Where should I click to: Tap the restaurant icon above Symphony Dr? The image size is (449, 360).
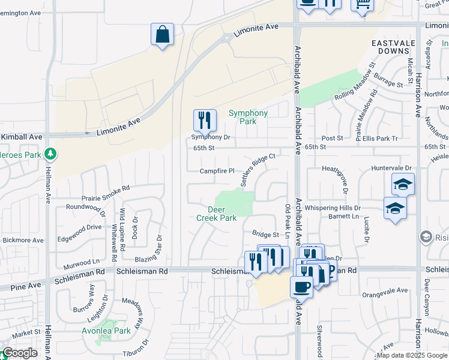point(205,120)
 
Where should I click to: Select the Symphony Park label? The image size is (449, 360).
point(248,117)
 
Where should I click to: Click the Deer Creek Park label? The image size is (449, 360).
point(217,214)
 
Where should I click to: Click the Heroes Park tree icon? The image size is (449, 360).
point(51,155)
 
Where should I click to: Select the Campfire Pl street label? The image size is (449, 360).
point(217,170)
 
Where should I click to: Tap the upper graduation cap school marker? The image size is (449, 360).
point(403,184)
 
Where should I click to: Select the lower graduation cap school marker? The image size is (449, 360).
point(395,209)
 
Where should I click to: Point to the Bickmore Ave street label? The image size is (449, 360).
point(22,240)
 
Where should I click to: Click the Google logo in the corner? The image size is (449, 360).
point(20,353)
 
